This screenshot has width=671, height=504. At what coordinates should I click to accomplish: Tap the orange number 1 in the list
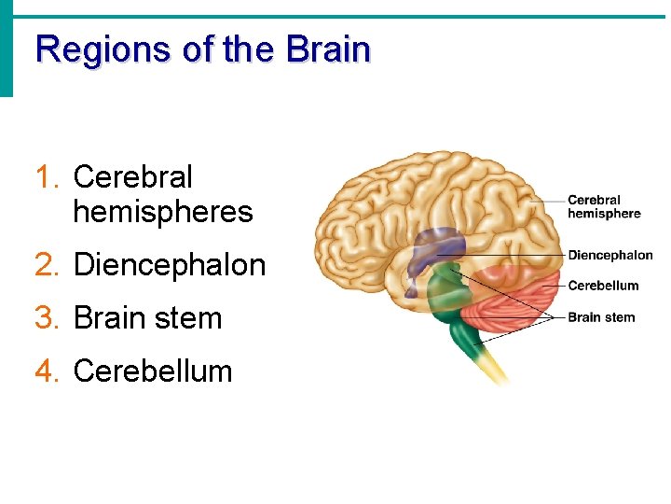43,176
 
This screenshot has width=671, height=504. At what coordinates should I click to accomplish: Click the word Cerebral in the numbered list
132,176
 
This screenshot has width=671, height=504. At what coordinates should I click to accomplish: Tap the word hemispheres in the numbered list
162,212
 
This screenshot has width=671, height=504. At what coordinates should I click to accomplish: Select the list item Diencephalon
169,265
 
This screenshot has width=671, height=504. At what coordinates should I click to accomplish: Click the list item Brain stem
147,318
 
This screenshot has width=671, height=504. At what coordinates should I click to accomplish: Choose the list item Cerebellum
152,371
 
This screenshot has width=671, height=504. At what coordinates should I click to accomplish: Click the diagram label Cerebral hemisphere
604,206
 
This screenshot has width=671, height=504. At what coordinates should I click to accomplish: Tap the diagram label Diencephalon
610,255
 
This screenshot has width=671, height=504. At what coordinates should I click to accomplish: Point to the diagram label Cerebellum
603,286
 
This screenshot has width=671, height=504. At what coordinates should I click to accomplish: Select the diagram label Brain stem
601,317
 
